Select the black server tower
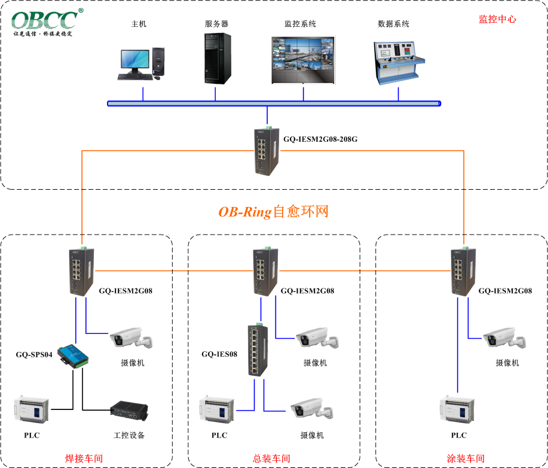pos(217,58)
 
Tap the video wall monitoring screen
pos(304,60)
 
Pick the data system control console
pos(399,63)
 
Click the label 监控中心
pos(497,19)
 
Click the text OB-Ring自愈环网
pos(273,212)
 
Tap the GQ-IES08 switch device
pos(258,350)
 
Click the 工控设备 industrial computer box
pos(128,411)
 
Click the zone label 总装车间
pos(271,458)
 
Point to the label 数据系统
pos(394,24)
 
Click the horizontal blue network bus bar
pos(274,104)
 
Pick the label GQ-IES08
pos(219,354)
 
